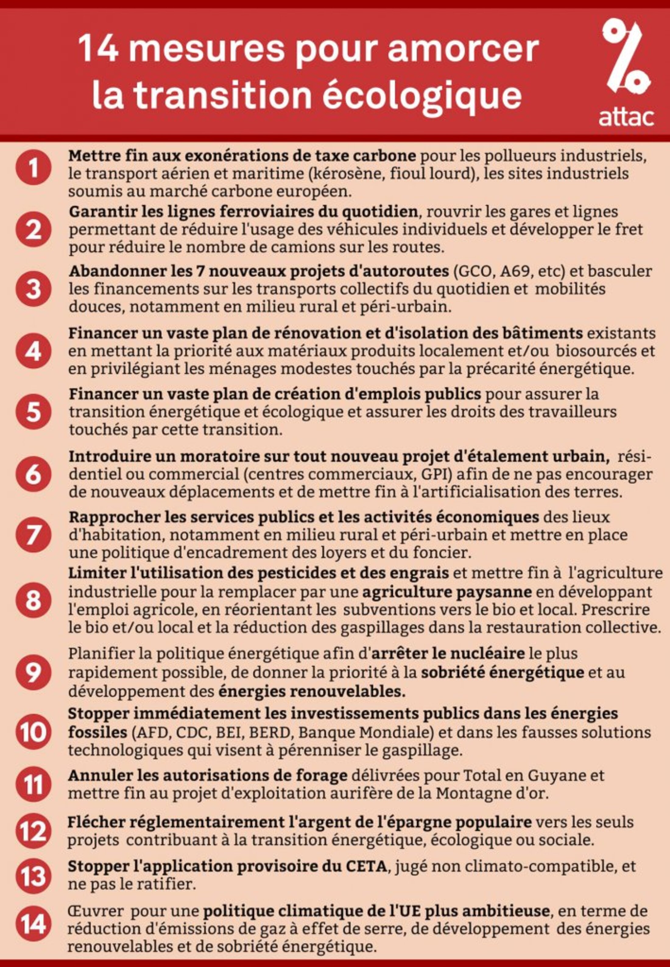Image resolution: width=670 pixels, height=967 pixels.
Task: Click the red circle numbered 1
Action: [x=33, y=167]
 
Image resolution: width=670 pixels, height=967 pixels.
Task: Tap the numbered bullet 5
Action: [x=33, y=412]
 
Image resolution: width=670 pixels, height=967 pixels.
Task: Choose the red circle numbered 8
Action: [x=33, y=600]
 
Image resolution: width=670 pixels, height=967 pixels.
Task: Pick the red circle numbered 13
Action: [x=33, y=876]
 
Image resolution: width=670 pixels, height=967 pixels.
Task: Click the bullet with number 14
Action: [x=33, y=923]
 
